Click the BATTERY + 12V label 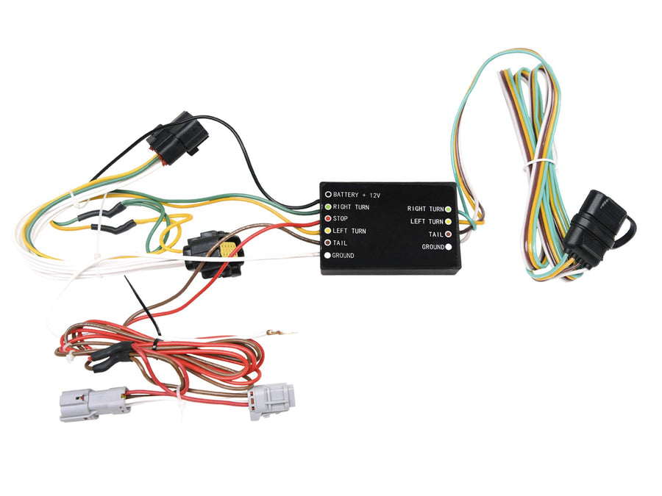357,195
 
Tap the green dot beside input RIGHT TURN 327,206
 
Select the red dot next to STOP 327,218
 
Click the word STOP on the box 341,218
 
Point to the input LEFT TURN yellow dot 327,231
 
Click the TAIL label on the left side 340,243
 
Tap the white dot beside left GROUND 327,255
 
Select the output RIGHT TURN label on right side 426,209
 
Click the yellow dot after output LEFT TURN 448,221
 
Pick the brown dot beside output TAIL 448,234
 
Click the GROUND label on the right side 433,247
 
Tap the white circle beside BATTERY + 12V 327,195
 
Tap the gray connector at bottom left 93,404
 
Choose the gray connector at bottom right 271,400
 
